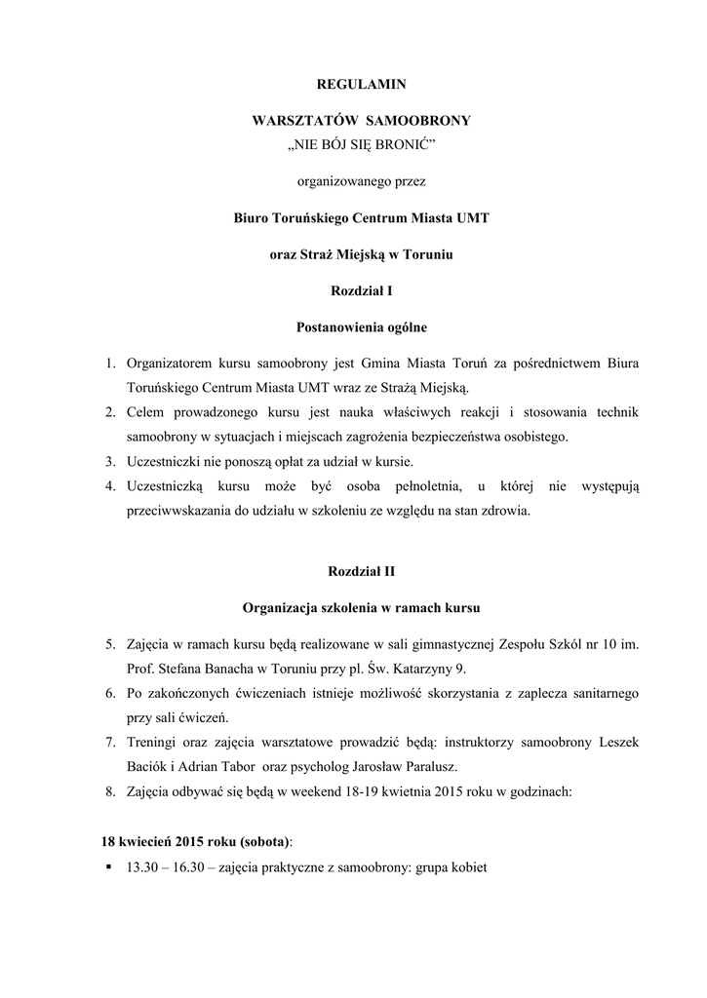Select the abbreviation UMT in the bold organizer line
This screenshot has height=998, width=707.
(x=469, y=217)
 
